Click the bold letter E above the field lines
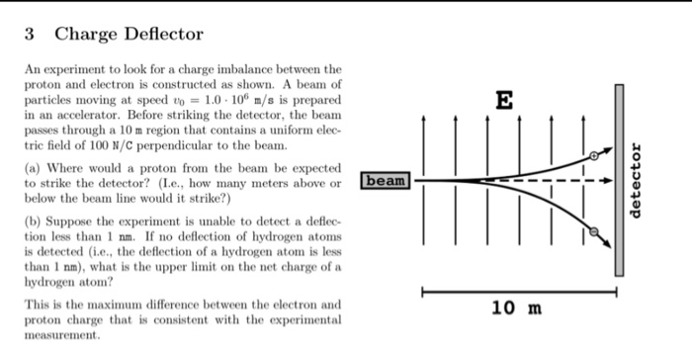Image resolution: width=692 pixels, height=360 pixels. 505,99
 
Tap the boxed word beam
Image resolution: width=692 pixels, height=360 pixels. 387,181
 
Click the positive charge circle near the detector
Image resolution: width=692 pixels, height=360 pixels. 594,155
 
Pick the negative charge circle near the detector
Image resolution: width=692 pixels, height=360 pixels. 595,232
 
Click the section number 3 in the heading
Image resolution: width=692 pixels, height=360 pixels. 31,36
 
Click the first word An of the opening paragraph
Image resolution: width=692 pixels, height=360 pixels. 31,70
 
